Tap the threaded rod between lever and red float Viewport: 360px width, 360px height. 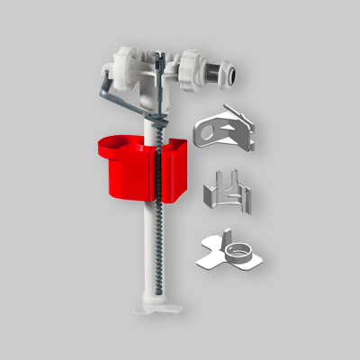click(x=162, y=126)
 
